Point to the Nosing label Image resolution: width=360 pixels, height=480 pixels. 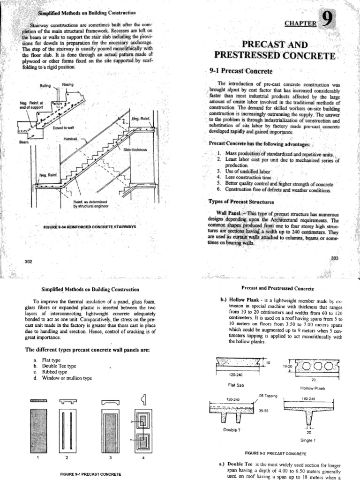pyautogui.click(x=68, y=84)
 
